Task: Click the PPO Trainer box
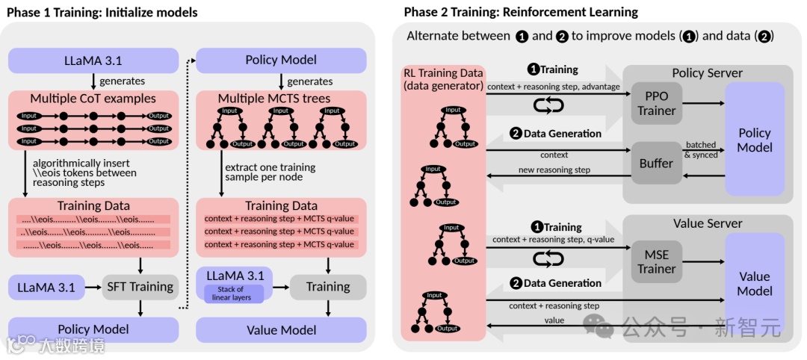pos(657,103)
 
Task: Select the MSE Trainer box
pos(657,261)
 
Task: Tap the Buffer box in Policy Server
pos(657,163)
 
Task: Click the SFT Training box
pos(140,286)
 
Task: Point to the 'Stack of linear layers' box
pos(233,294)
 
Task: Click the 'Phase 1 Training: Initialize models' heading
pos(102,12)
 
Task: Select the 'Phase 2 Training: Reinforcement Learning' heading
pos(521,12)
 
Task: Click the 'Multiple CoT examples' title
pos(93,99)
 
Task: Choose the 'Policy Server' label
pos(707,72)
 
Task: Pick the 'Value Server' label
pos(708,223)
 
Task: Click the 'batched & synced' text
pos(700,149)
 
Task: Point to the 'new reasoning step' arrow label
pos(554,170)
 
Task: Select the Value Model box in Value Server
pos(755,283)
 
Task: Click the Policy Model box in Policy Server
pos(755,140)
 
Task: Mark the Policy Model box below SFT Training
pos(93,329)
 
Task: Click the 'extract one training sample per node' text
pos(270,173)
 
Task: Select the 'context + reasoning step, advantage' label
pos(554,87)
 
